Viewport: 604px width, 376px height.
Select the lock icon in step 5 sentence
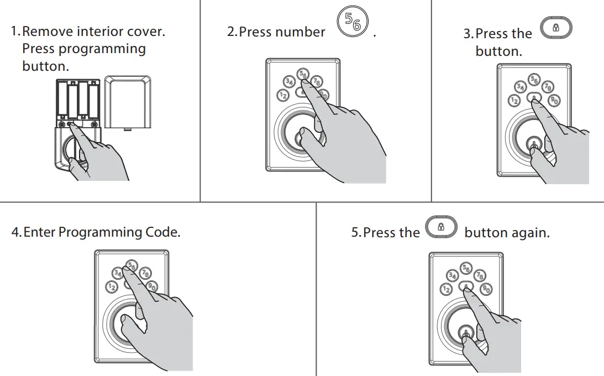coord(441,227)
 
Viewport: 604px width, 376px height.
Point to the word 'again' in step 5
coord(531,233)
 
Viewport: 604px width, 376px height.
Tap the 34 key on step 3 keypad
coord(520,87)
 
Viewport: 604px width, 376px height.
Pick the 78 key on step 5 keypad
coord(480,276)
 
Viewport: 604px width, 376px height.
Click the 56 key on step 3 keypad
coord(533,80)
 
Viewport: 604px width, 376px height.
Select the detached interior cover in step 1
coord(128,102)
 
